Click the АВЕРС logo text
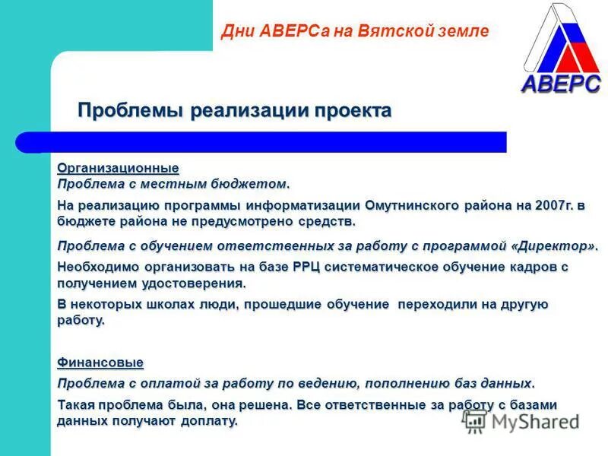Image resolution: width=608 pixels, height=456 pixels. pos(560,83)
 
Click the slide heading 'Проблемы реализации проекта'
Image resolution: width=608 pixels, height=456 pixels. pos(234,111)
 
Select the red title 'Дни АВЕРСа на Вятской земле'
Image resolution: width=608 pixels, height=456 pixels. pos(354,31)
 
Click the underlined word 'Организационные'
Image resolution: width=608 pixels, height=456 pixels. pos(119,168)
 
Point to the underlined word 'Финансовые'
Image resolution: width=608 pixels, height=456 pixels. pos(101,363)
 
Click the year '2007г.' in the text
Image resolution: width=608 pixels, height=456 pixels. pos(551,206)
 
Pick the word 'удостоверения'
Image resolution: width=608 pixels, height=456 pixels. pos(201,283)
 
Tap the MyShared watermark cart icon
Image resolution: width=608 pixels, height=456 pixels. pos(475,421)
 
